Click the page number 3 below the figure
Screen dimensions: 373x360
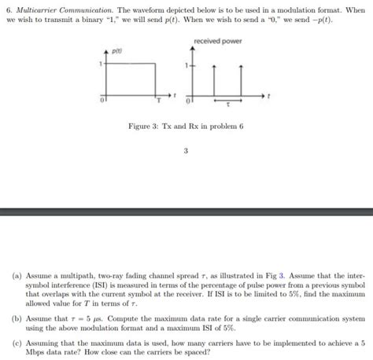coord(186,153)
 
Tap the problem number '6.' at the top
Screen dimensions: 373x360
coord(8,6)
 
